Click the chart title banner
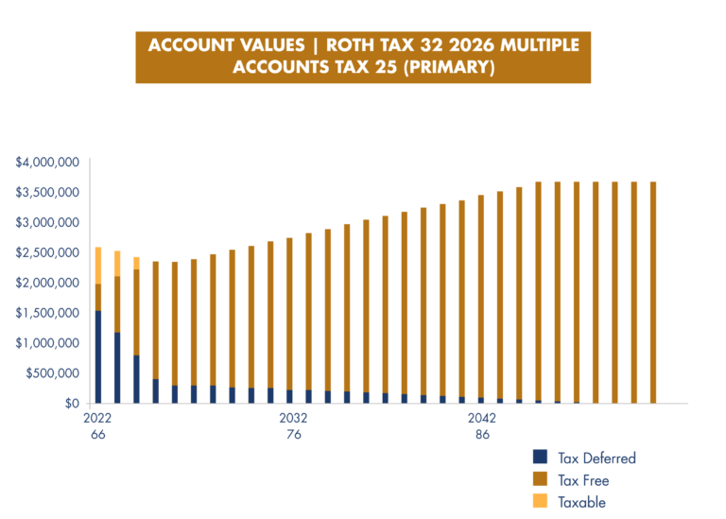pos(363,57)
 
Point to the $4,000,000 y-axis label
pos(46,163)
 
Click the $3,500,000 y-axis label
pos(46,193)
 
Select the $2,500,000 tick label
pos(46,253)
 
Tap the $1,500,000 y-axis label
pos(46,313)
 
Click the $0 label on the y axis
pos(72,404)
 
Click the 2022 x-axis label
pos(97,418)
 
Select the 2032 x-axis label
pos(293,418)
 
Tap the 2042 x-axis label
pos(482,418)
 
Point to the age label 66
pos(97,435)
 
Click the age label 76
pos(293,435)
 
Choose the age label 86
pos(482,435)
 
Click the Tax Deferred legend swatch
pos(540,457)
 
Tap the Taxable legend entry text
pos(581,502)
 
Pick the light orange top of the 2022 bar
pos(98,265)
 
